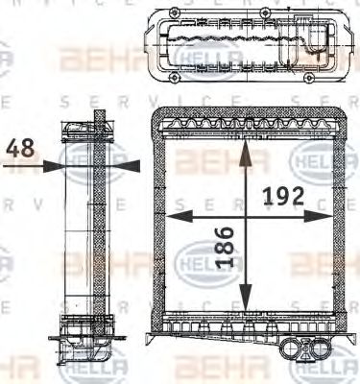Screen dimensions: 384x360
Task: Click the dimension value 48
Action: click(22, 149)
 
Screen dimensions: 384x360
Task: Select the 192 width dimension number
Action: click(283, 196)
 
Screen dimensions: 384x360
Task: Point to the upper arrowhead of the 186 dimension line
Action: click(247, 146)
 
